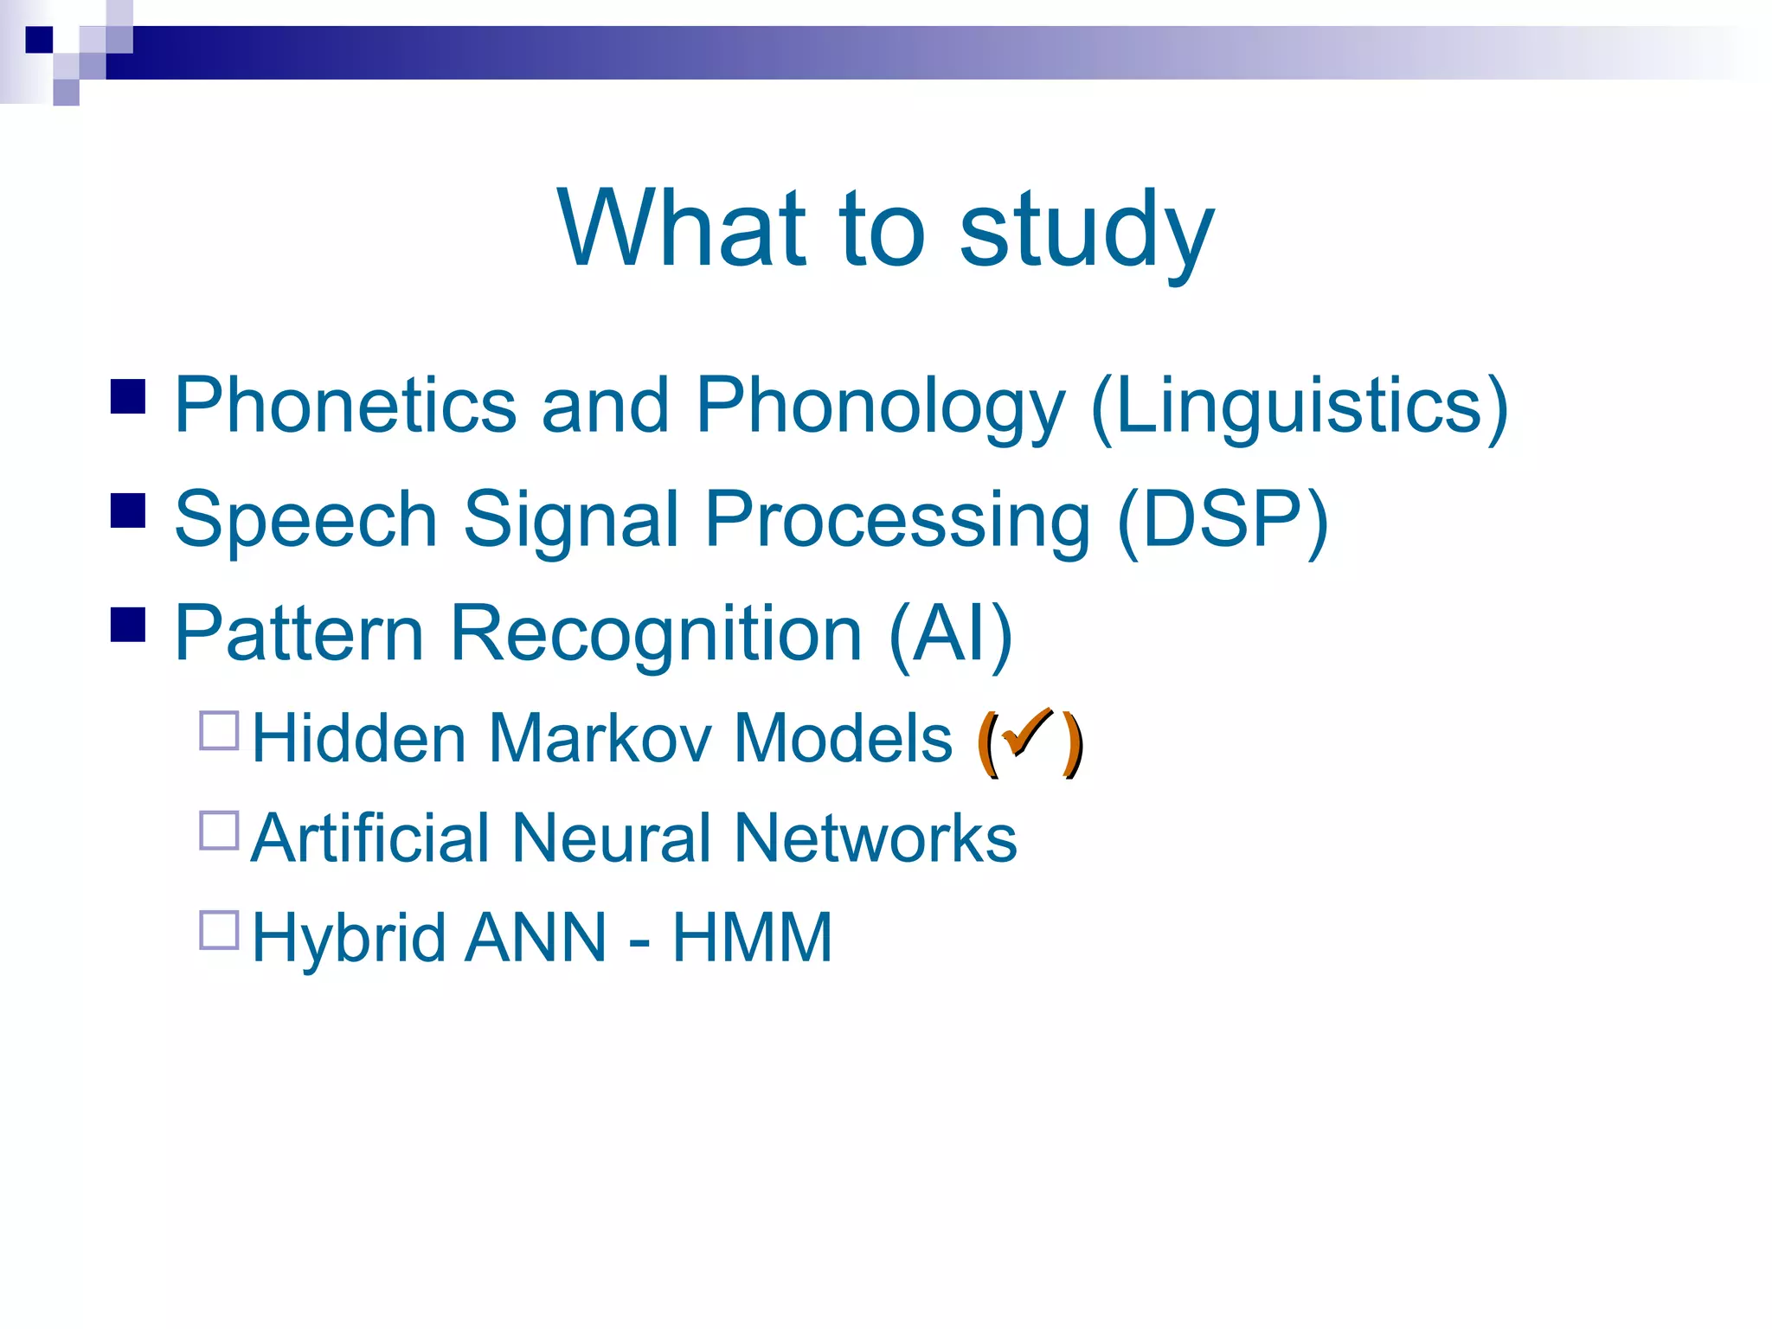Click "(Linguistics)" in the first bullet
tap(1300, 407)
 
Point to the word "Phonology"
tap(880, 407)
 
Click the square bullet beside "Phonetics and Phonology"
tap(128, 397)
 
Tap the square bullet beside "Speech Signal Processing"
tap(128, 510)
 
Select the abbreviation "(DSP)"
tap(1223, 520)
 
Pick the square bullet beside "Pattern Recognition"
tap(128, 624)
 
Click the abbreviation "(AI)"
tap(951, 634)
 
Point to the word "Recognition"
tap(656, 634)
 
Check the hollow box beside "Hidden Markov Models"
tap(219, 731)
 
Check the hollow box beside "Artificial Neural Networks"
tap(219, 831)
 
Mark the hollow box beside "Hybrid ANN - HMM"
tap(219, 930)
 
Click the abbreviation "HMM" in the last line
tap(752, 938)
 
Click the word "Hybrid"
tap(349, 940)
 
